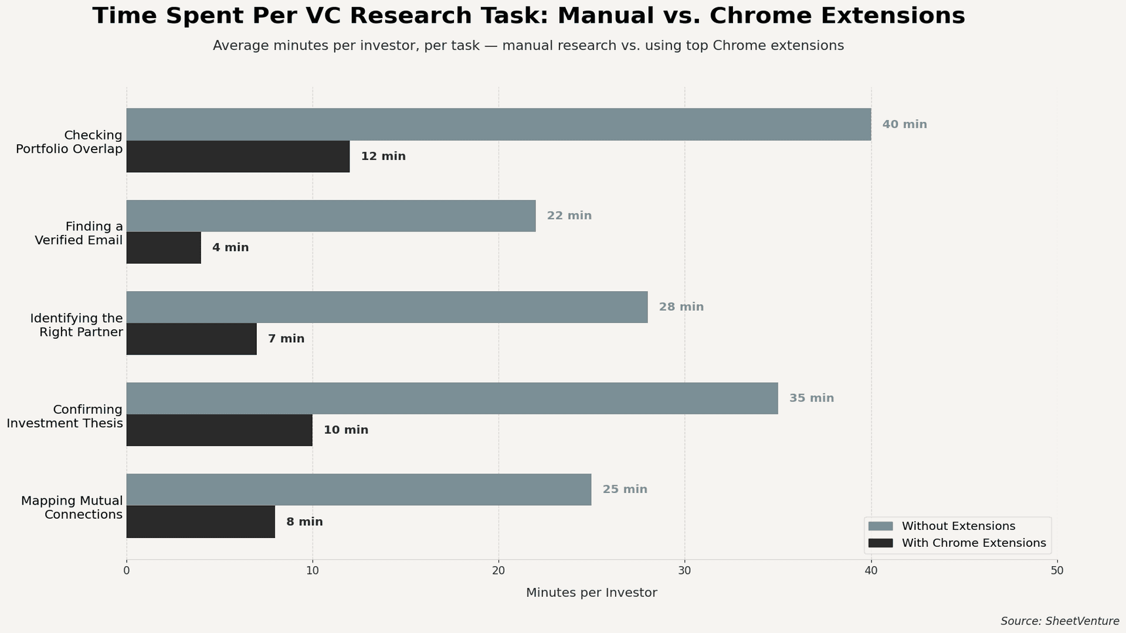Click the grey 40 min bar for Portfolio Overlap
point(498,124)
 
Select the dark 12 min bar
point(238,156)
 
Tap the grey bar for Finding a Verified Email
point(331,216)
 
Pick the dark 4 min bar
point(164,247)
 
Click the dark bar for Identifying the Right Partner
point(191,339)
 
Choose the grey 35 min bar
point(452,398)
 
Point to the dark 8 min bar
point(201,522)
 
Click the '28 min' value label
point(681,307)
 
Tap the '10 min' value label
point(346,430)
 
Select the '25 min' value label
point(625,489)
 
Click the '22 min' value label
point(569,216)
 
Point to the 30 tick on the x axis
point(684,570)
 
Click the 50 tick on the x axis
point(1057,570)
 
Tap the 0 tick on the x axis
point(127,570)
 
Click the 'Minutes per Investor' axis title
point(591,593)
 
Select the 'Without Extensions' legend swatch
point(880,526)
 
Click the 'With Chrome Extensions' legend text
point(974,543)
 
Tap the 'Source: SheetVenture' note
point(1059,621)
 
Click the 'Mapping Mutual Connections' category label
point(72,508)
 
